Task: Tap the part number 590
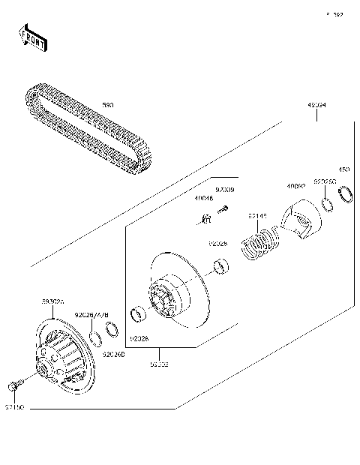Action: pyautogui.click(x=108, y=107)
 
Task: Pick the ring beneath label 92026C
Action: pyautogui.click(x=328, y=204)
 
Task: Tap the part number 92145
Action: pyautogui.click(x=257, y=216)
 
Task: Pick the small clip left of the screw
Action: pyautogui.click(x=204, y=217)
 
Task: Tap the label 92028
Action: pyautogui.click(x=217, y=243)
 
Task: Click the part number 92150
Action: pyautogui.click(x=15, y=407)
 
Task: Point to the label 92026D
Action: pyautogui.click(x=112, y=353)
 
